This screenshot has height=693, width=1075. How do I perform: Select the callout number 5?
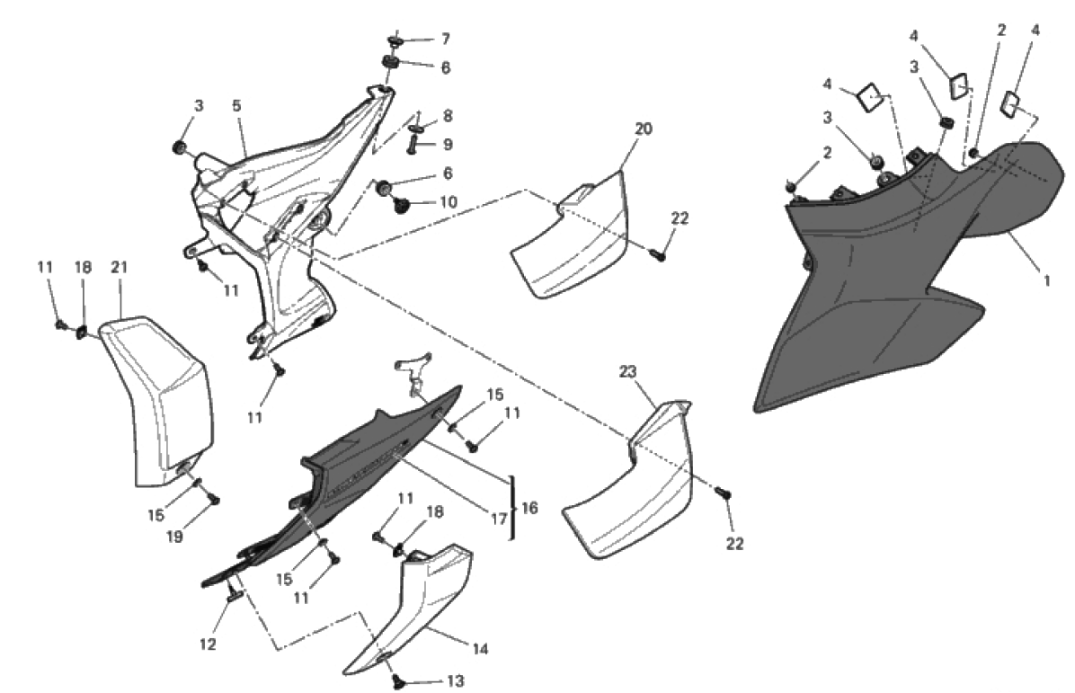[236, 105]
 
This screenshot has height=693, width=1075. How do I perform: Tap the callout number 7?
[445, 39]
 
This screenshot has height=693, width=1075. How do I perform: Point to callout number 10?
[446, 203]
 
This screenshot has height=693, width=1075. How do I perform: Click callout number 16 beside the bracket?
[529, 509]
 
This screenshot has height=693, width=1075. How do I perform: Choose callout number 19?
[174, 537]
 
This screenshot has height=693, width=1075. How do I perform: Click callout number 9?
[447, 144]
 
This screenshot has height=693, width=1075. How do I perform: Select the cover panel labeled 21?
[157, 395]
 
